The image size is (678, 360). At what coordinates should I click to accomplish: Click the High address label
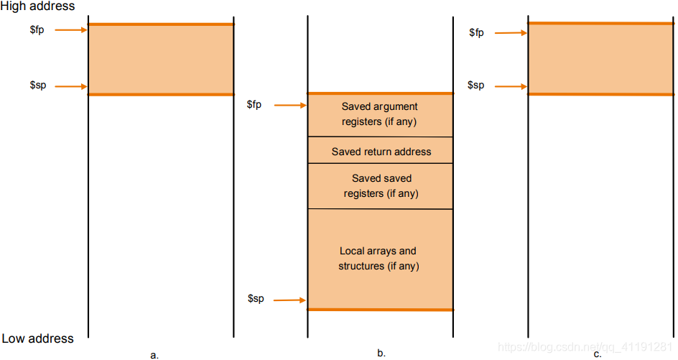click(x=37, y=6)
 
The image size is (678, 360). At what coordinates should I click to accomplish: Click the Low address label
click(x=37, y=338)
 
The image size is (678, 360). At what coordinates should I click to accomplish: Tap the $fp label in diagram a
click(x=37, y=30)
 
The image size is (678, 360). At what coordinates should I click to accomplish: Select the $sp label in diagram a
click(x=38, y=85)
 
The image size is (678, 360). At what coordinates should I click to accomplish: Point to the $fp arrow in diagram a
click(x=71, y=30)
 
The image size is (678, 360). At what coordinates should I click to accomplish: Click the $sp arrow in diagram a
click(x=71, y=86)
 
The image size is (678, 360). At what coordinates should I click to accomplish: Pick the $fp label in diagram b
click(x=254, y=105)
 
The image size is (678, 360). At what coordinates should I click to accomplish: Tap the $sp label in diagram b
click(x=256, y=298)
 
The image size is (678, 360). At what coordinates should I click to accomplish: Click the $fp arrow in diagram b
click(x=290, y=105)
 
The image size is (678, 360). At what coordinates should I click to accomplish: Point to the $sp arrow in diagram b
click(x=289, y=300)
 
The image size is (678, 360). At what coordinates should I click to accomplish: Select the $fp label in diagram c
click(x=476, y=32)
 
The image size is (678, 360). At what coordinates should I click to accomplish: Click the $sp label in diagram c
click(x=475, y=86)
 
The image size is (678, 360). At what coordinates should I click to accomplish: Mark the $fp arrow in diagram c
click(x=511, y=33)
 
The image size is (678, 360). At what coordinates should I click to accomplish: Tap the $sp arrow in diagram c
click(x=511, y=86)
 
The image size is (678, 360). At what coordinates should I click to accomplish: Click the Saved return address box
click(x=381, y=150)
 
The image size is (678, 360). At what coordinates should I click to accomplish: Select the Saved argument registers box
click(x=381, y=115)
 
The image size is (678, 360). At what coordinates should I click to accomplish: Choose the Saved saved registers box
click(x=381, y=186)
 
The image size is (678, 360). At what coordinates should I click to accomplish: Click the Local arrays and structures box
click(x=381, y=259)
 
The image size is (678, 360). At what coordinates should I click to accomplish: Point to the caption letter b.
click(x=381, y=353)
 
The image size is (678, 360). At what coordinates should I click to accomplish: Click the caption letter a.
click(x=154, y=355)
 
